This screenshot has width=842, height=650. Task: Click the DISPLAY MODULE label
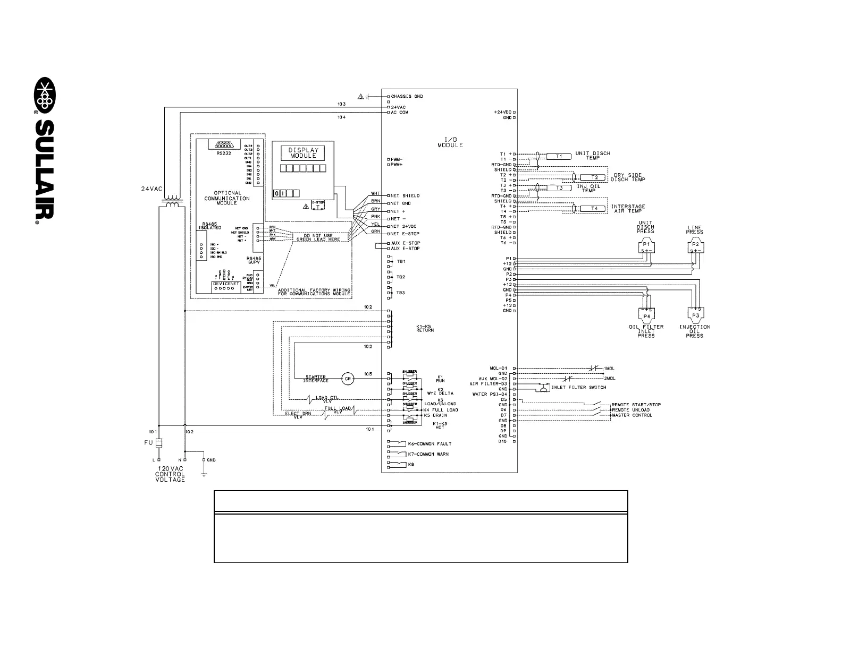pos(303,153)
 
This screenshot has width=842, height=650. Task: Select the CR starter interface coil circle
pos(348,379)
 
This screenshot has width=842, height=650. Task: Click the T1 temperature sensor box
pos(558,156)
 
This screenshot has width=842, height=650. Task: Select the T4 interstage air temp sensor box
pos(594,209)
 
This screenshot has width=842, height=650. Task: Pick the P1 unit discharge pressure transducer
pos(646,247)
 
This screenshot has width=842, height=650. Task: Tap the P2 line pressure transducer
pos(695,247)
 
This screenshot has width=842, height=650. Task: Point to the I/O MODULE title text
pos(450,142)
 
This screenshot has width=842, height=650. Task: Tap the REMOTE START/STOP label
pos(636,405)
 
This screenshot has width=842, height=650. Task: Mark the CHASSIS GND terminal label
pos(407,97)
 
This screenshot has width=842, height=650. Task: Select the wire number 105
pos(368,373)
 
